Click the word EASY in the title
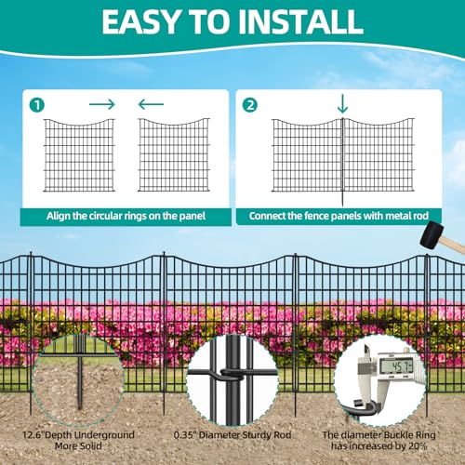pyautogui.click(x=139, y=21)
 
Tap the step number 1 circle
pyautogui.click(x=37, y=105)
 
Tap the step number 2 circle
pyautogui.click(x=250, y=105)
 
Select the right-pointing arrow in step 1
pyautogui.click(x=102, y=104)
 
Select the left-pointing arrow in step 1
pyautogui.click(x=151, y=104)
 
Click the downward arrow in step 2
pyautogui.click(x=342, y=104)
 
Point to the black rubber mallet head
pyautogui.click(x=432, y=234)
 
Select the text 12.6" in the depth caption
pyautogui.click(x=33, y=434)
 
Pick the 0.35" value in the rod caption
pyautogui.click(x=185, y=434)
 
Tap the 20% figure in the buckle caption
pyautogui.click(x=418, y=446)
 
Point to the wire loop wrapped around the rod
pyautogui.click(x=231, y=374)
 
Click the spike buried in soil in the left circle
pyautogui.click(x=80, y=383)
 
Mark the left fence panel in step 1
pyautogui.click(x=79, y=155)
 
